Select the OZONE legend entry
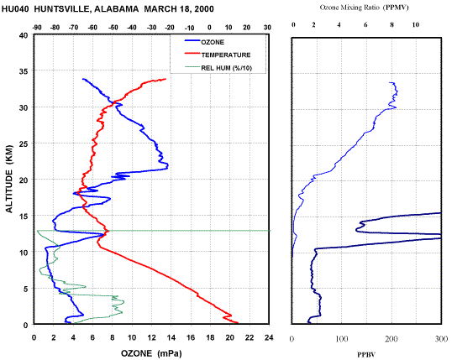tap(204, 42)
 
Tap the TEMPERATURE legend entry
tap(218, 55)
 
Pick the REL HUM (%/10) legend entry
tap(218, 68)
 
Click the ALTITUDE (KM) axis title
tap(9, 179)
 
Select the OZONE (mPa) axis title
tap(151, 353)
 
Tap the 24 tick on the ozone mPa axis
tap(269, 337)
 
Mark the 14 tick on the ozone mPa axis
tap(171, 337)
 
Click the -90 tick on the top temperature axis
tap(37, 28)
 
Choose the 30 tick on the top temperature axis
tap(267, 28)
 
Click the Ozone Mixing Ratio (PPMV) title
tap(365, 8)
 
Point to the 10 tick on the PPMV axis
tap(416, 25)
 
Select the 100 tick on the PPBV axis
tap(342, 339)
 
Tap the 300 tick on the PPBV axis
tap(442, 339)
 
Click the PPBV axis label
tap(366, 355)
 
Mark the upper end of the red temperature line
tap(165, 79)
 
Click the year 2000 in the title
tap(204, 9)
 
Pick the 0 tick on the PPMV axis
tap(293, 25)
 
